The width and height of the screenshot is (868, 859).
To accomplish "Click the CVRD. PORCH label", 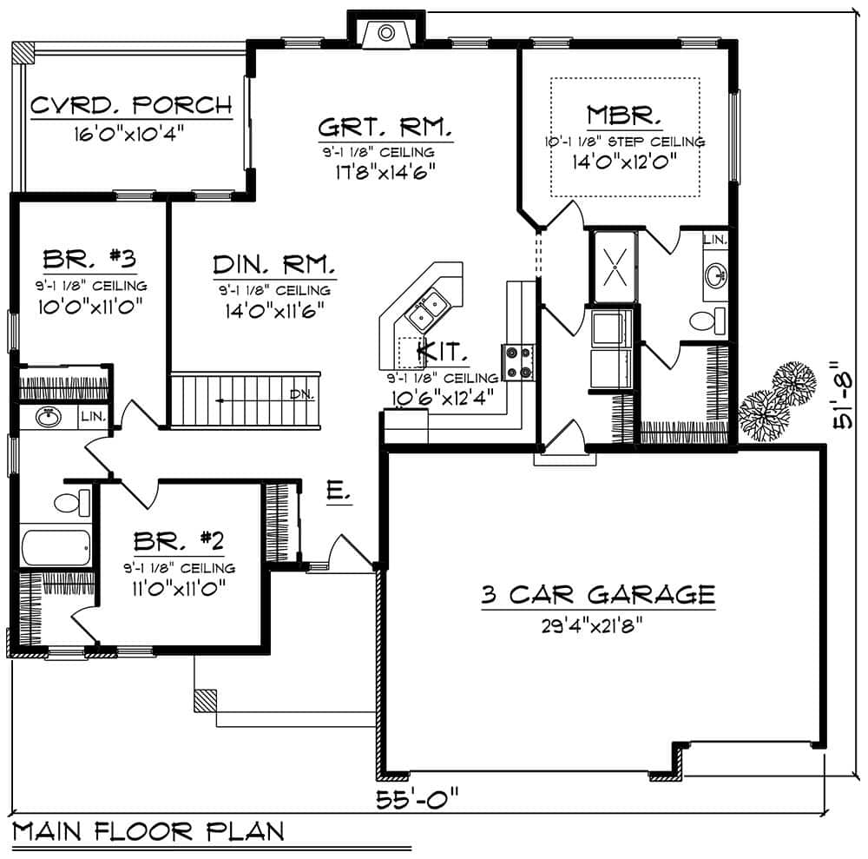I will click(131, 106).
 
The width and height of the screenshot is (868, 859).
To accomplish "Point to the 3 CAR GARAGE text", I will click(599, 595).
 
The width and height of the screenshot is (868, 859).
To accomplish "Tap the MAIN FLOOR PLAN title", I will click(148, 831).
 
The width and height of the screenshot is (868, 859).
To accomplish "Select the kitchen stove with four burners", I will click(519, 362).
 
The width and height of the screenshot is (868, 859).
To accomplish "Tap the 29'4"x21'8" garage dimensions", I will click(599, 624).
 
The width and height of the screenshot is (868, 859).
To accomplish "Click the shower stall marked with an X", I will click(614, 266).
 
